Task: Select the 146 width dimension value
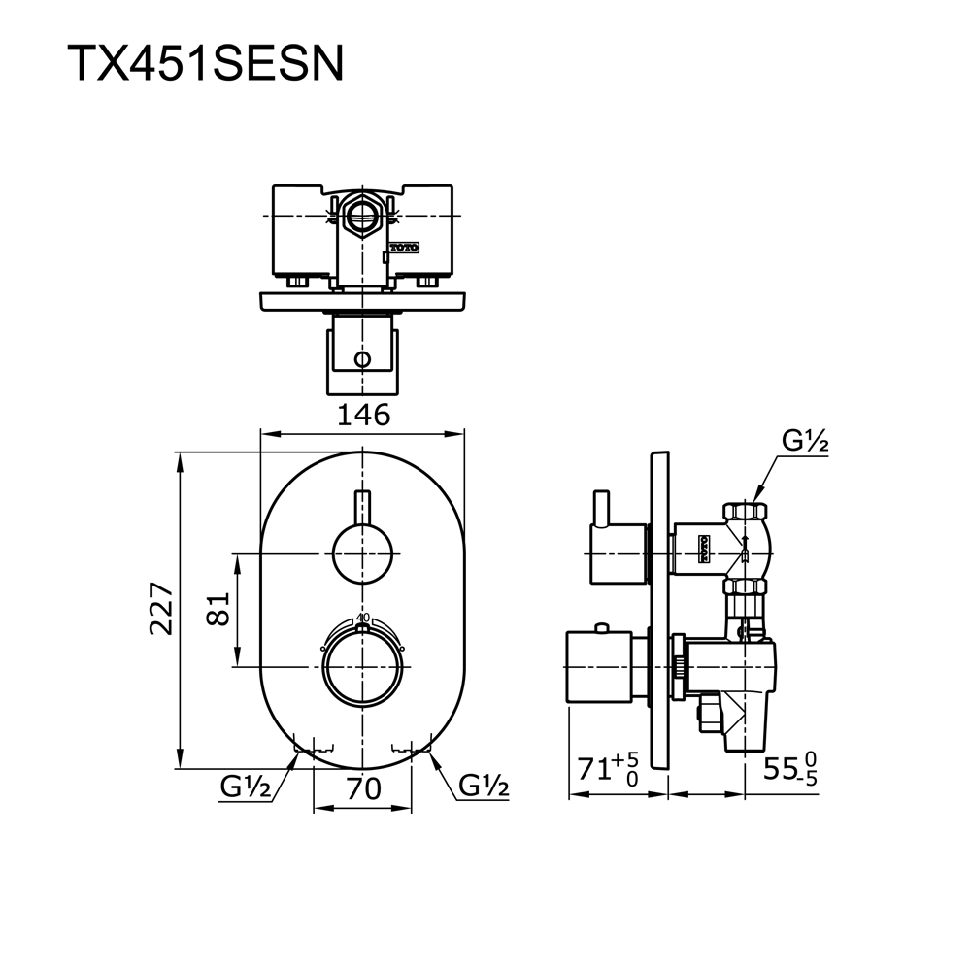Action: (x=363, y=415)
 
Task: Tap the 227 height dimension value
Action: (x=161, y=608)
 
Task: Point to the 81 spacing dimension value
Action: (x=218, y=609)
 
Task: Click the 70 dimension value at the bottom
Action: (x=363, y=788)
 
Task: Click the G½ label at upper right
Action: (x=805, y=441)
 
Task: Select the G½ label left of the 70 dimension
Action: (x=246, y=787)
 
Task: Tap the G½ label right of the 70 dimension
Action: (x=484, y=787)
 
